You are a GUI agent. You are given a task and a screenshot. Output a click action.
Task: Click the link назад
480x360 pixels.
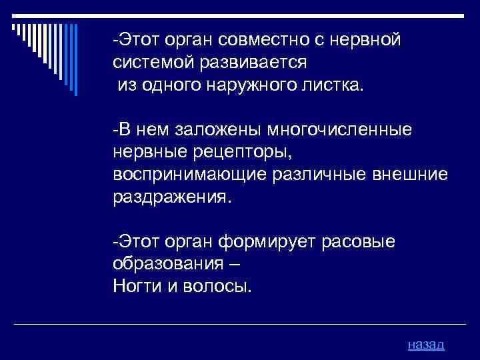coord(425,344)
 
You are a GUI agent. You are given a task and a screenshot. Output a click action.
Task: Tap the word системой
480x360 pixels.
coord(149,63)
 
